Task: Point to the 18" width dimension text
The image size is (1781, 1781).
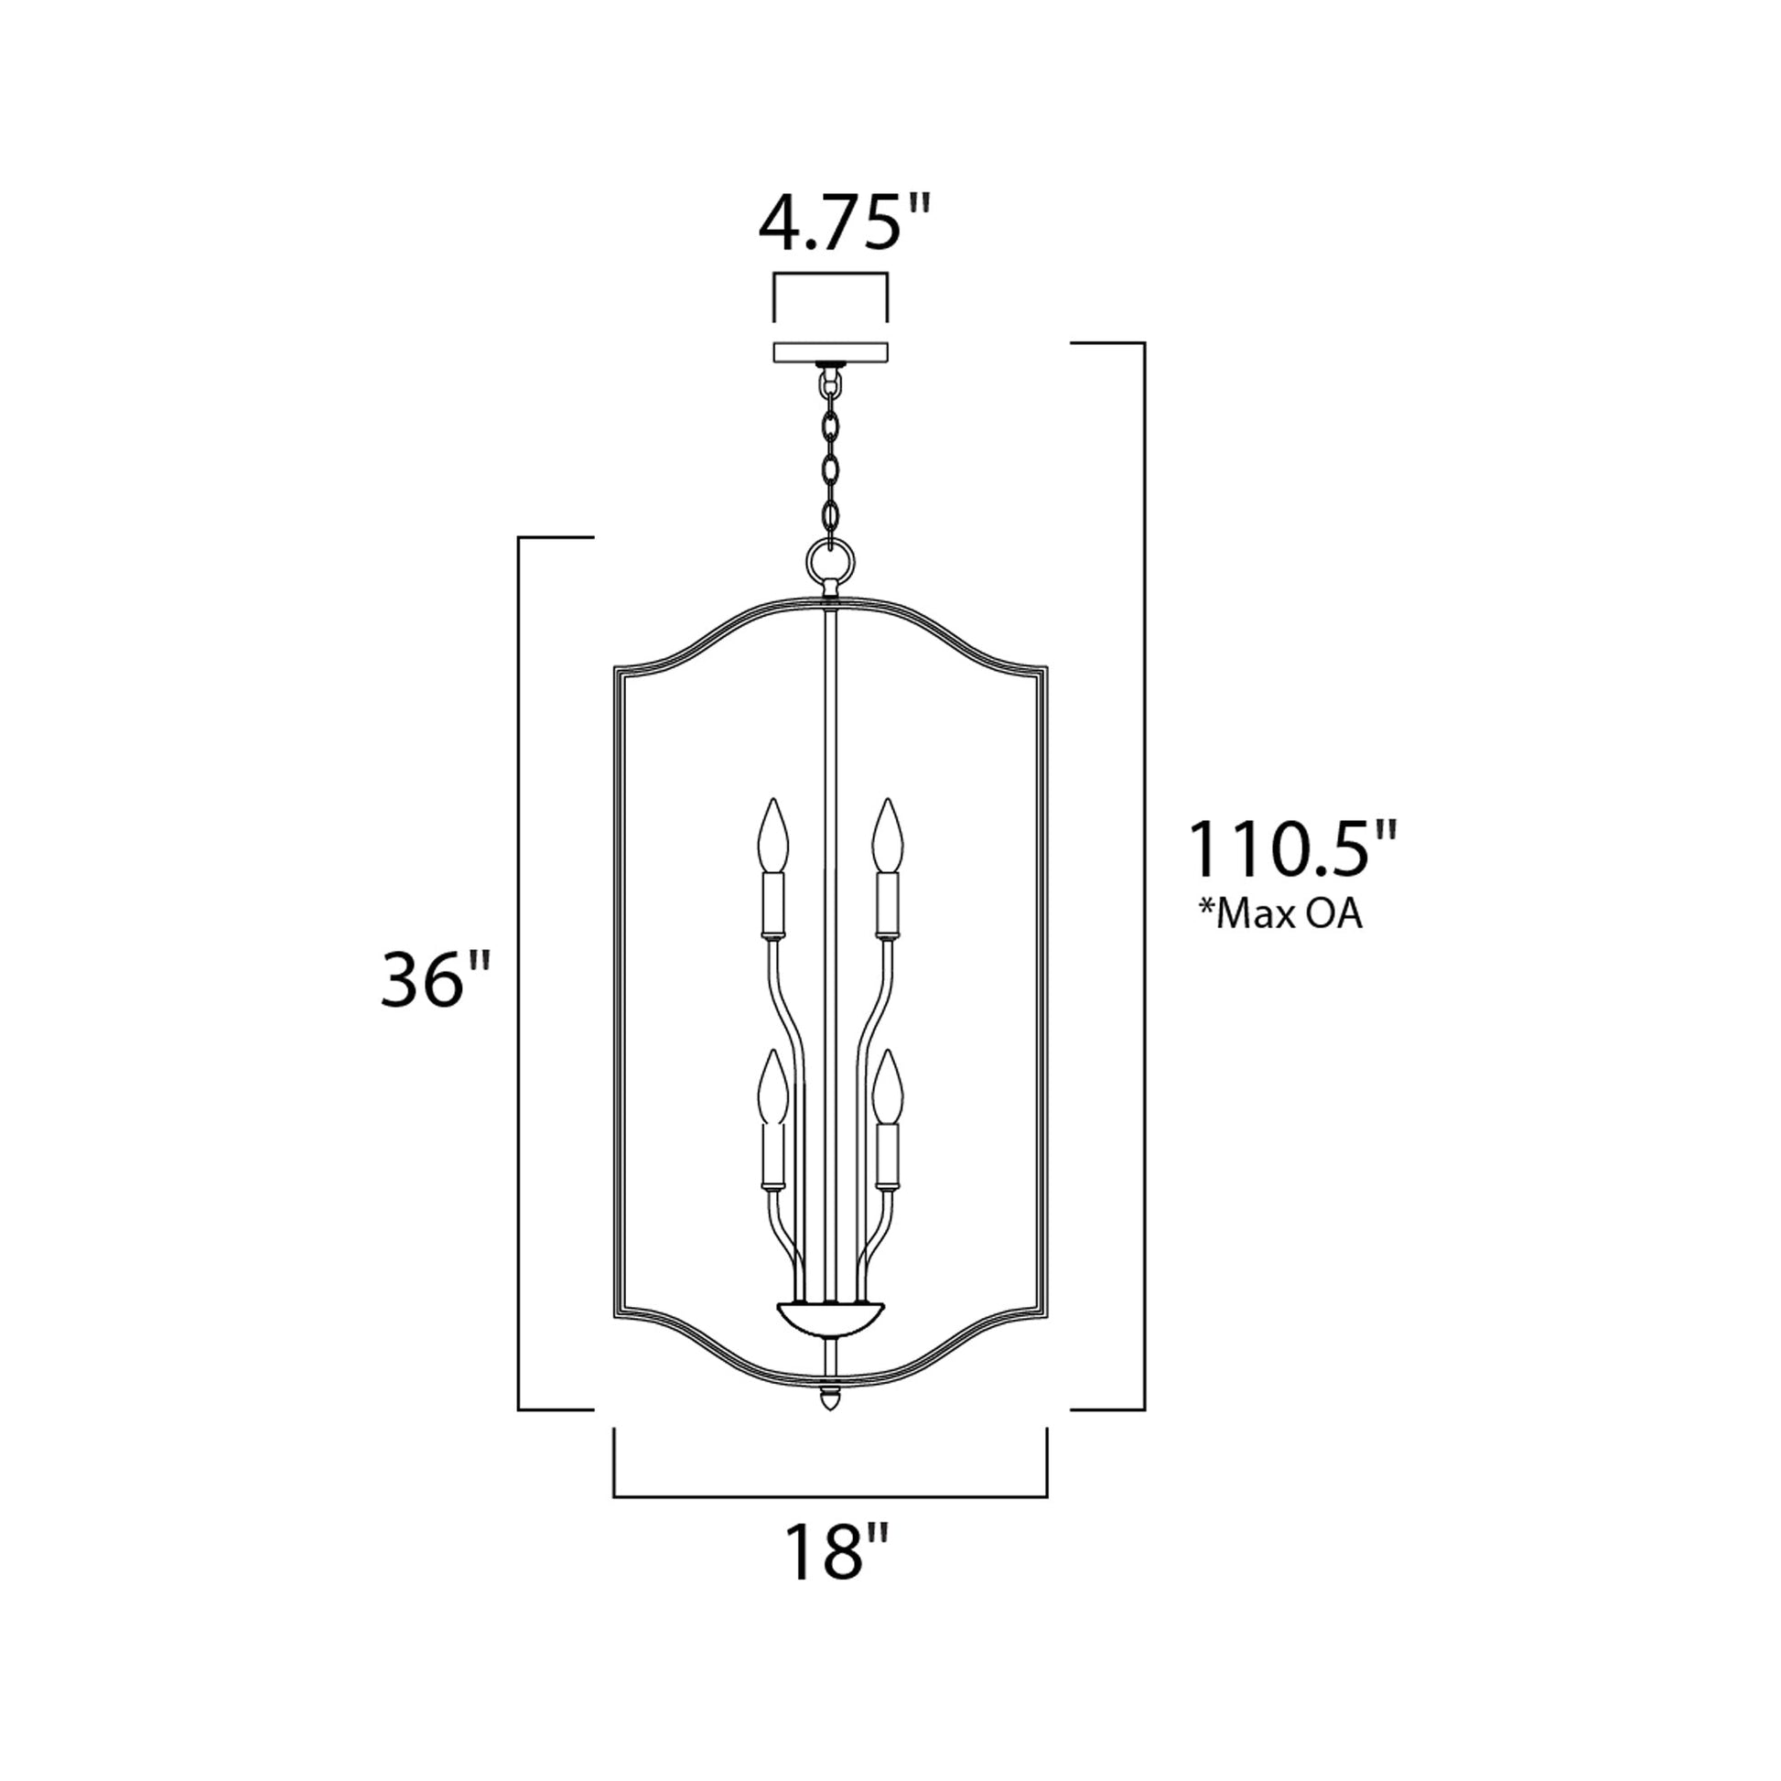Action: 838,1552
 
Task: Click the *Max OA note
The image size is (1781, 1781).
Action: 1279,914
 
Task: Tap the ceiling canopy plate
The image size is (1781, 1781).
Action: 831,352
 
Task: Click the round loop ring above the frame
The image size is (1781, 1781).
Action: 830,558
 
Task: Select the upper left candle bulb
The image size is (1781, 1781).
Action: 772,836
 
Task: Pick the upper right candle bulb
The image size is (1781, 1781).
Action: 888,836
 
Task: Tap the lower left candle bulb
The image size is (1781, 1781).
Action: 772,1087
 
